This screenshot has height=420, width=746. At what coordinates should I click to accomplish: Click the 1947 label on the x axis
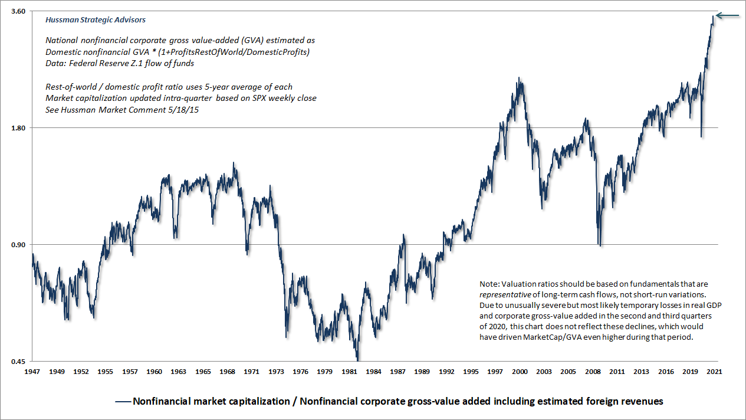click(33, 372)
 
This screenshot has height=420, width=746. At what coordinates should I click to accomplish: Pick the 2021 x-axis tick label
click(714, 372)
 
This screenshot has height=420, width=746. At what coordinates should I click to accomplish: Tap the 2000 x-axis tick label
click(520, 372)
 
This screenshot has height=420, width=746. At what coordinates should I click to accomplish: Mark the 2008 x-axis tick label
click(593, 372)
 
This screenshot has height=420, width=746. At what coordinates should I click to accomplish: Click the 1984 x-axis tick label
click(373, 372)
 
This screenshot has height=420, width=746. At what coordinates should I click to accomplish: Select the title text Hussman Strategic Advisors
click(96, 19)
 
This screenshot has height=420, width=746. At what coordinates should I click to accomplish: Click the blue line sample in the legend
click(123, 402)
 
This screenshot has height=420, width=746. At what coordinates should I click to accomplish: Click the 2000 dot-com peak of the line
click(518, 78)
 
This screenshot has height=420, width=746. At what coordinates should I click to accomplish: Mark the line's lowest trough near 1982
click(357, 359)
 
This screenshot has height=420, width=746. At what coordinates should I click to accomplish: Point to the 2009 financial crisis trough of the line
click(600, 245)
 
